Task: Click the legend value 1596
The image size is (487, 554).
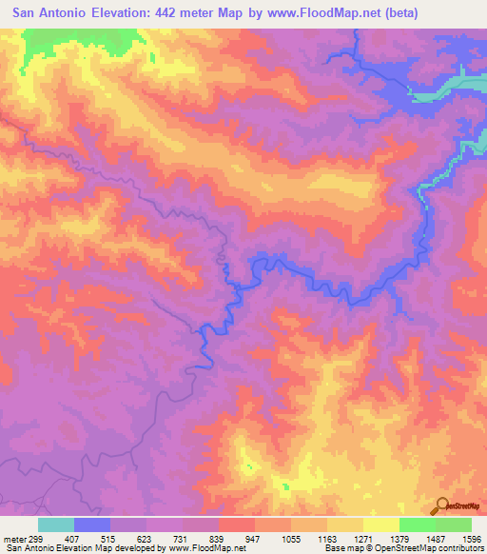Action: pos(471,538)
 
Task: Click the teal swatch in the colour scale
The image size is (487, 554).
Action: pos(56,524)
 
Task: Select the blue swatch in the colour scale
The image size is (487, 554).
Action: pos(92,524)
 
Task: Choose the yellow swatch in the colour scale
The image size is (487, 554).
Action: pos(381,524)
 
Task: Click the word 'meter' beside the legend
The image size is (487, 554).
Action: pos(10,538)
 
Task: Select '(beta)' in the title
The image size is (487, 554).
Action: pos(394,14)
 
